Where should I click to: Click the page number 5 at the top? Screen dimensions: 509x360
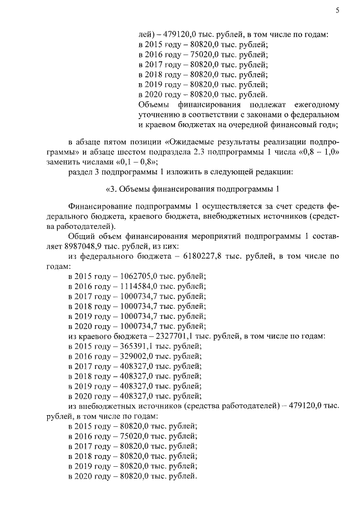pyautogui.click(x=336, y=10)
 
